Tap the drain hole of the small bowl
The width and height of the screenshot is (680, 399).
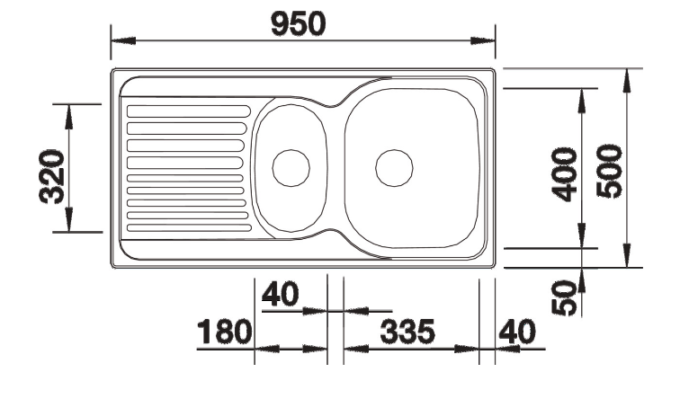[291, 167]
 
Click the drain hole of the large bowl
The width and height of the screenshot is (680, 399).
[394, 167]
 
